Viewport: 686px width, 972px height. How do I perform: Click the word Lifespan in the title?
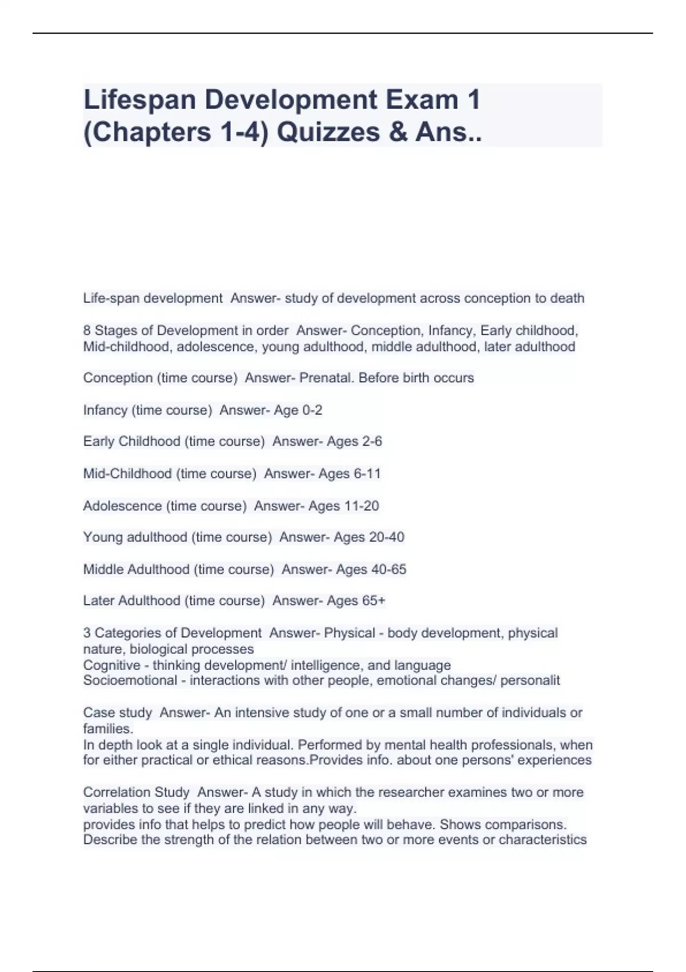pyautogui.click(x=141, y=100)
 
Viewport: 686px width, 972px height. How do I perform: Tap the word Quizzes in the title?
pyautogui.click(x=329, y=132)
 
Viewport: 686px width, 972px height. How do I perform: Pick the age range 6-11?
pyautogui.click(x=365, y=473)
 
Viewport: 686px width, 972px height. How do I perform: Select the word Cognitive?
pyautogui.click(x=111, y=665)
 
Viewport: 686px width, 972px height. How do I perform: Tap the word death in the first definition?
pyautogui.click(x=567, y=298)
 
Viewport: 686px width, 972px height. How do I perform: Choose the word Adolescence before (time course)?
pyautogui.click(x=122, y=506)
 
